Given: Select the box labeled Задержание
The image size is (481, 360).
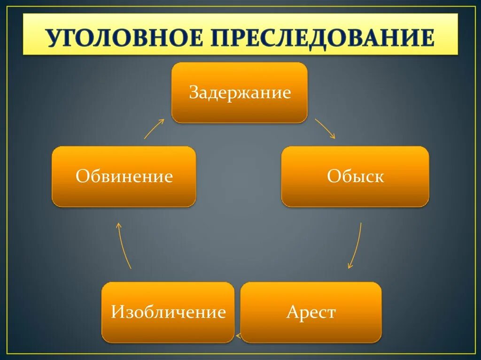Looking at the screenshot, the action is point(240,92).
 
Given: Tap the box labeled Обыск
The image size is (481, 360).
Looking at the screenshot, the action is point(355,176).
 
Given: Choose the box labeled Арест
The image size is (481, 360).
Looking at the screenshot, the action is point(311,312).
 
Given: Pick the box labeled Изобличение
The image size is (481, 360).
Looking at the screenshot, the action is point(168,312).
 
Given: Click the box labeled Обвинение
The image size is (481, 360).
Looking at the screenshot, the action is point(124,176).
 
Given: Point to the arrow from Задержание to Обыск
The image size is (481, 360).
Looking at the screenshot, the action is point(325,128).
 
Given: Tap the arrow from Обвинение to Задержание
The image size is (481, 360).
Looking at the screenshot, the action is point(154,129).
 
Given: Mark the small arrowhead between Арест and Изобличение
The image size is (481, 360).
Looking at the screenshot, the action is point(238,336).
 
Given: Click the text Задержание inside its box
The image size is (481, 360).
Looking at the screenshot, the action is point(240,92).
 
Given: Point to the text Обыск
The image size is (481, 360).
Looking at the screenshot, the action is point(355,176).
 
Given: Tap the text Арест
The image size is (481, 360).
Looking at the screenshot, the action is point(311,312).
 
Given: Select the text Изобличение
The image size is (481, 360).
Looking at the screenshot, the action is point(168,312).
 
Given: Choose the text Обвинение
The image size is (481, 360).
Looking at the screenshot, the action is point(124,176).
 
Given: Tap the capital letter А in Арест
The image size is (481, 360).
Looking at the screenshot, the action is point(292,312).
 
